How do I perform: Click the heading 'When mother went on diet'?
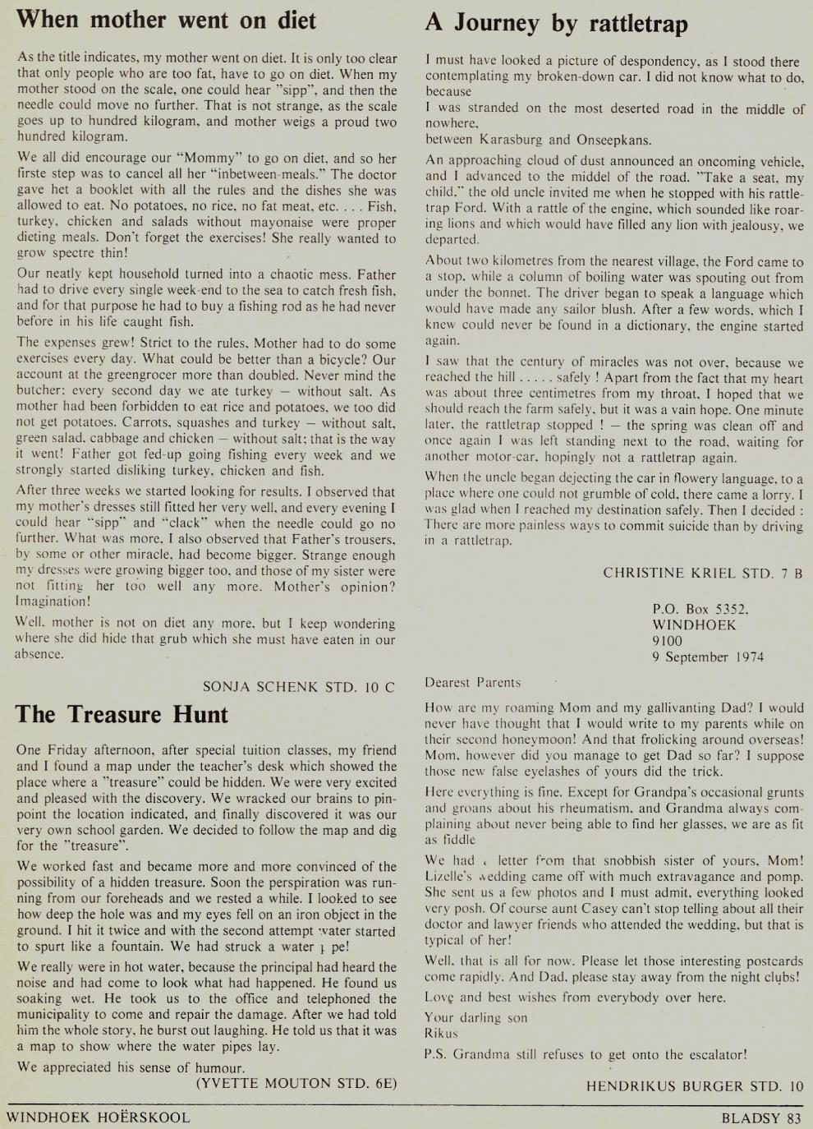166,20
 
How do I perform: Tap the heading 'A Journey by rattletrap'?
556,23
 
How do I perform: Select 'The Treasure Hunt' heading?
122,714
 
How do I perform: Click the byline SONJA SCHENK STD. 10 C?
298,687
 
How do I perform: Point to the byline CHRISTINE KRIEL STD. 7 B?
702,573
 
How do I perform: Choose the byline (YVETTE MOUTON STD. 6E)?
296,1083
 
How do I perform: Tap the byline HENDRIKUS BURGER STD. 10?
694,1086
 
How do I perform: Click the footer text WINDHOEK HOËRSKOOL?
98,1117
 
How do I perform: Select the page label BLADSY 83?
760,1117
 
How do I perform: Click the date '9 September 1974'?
708,657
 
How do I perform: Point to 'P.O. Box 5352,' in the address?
700,609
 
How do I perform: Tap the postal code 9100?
667,641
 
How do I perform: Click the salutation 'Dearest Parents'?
472,682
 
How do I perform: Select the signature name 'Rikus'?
441,1033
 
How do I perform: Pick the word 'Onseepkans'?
613,140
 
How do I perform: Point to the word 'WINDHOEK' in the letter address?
694,624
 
